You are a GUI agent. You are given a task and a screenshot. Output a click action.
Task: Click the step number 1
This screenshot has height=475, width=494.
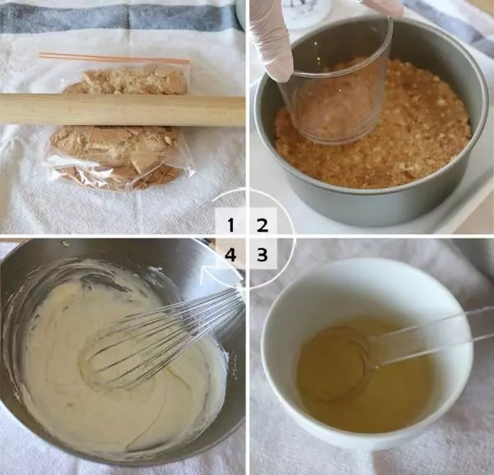coord(231,225)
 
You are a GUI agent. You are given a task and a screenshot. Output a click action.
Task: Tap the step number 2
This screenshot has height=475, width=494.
coord(262,225)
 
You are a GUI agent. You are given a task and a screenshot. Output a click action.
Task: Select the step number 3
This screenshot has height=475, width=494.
coord(262,255)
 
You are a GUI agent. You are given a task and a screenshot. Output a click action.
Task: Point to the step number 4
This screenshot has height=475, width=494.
coord(231,255)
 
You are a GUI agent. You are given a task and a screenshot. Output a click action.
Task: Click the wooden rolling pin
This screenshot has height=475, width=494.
coord(122,110)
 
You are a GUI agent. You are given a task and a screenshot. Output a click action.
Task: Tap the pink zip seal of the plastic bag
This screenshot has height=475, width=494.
coord(114,58)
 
